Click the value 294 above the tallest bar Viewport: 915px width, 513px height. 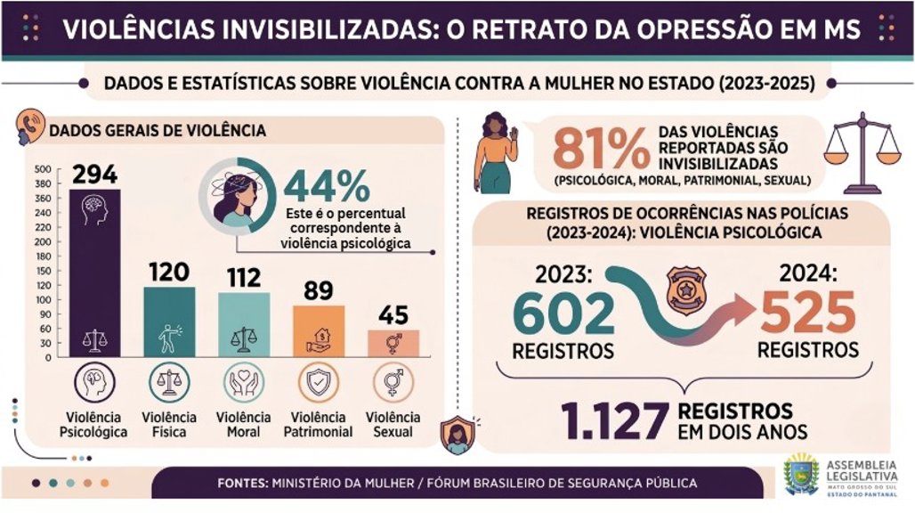tap(94, 175)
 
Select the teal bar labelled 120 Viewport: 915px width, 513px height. tap(169, 321)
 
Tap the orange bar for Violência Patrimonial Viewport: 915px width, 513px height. tap(319, 330)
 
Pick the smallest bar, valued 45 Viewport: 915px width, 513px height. tap(393, 342)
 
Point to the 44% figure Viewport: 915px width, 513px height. tap(327, 185)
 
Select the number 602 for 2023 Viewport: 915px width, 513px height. tap(563, 313)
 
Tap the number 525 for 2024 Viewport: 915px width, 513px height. tap(808, 313)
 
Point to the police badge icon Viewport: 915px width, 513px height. tap(686, 287)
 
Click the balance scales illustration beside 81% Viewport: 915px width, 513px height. tap(862, 151)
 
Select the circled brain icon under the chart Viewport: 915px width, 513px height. tap(94, 384)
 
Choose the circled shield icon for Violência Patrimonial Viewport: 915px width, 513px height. tap(318, 384)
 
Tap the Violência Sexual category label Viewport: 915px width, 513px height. tap(393, 425)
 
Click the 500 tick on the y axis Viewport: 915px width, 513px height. tap(43, 169)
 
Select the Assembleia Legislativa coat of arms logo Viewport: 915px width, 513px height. tap(800, 475)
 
